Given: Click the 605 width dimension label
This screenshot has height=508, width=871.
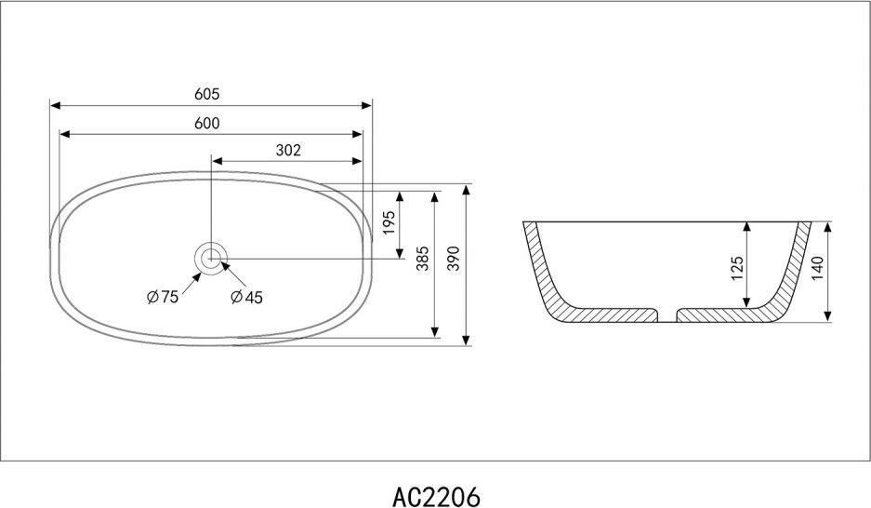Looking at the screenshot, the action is coord(206,94).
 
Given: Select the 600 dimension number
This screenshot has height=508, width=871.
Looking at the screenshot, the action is coord(206,123).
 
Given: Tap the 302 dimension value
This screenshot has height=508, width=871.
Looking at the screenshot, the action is coord(288,150).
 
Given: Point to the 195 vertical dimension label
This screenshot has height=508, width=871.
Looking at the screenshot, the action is coord(389,222).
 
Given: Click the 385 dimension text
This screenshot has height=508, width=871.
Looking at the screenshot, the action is coord(423,259).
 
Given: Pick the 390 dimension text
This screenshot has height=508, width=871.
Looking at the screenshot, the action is coord(455,259).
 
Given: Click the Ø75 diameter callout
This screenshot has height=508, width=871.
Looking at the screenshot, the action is coord(163,297).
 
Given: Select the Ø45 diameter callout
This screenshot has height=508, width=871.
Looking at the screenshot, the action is coord(246,298).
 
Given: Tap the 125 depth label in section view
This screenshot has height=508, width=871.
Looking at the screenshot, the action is coord(736,268).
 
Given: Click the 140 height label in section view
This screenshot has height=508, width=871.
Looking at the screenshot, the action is coord(818,268).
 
